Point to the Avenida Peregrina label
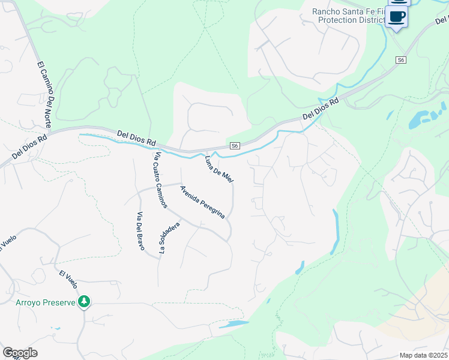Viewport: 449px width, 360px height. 203,202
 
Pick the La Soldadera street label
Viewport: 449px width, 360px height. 169,239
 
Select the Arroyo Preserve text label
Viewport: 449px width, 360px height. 46,302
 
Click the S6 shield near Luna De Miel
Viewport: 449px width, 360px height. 236,146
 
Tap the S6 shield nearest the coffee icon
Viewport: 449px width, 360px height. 401,60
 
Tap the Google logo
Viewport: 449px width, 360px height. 20,353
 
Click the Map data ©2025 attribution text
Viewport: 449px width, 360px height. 423,355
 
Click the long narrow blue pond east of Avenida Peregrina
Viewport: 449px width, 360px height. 336,231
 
